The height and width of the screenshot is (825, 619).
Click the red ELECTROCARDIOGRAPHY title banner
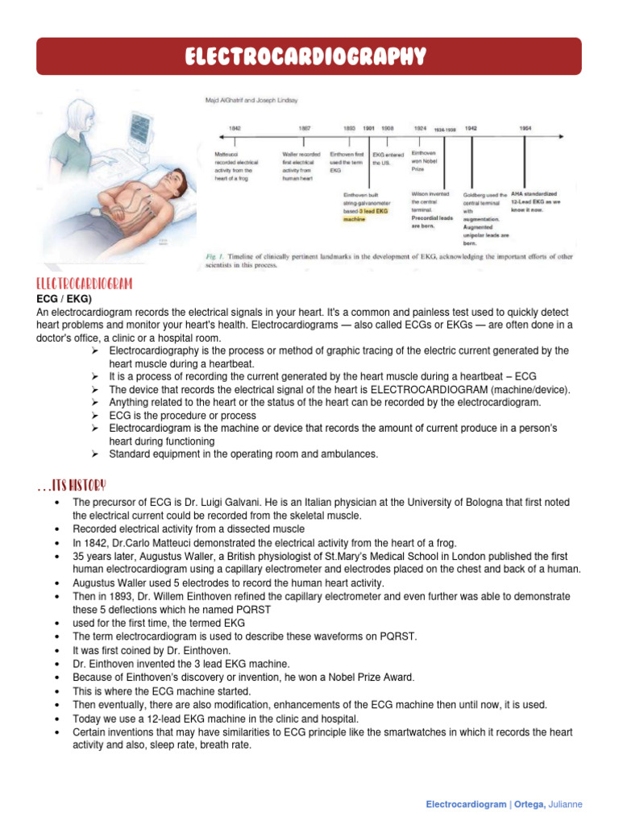tap(309, 56)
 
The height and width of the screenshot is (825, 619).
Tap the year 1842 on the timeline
tap(235, 128)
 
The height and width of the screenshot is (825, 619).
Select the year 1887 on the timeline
tap(305, 128)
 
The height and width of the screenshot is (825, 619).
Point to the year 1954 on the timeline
tap(525, 128)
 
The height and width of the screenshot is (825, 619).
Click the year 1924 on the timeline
tap(420, 128)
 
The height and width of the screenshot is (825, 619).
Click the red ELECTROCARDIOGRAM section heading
tap(85, 285)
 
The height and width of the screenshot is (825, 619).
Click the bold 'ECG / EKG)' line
tap(62, 299)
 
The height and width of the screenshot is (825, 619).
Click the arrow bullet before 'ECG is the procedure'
tap(94, 416)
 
